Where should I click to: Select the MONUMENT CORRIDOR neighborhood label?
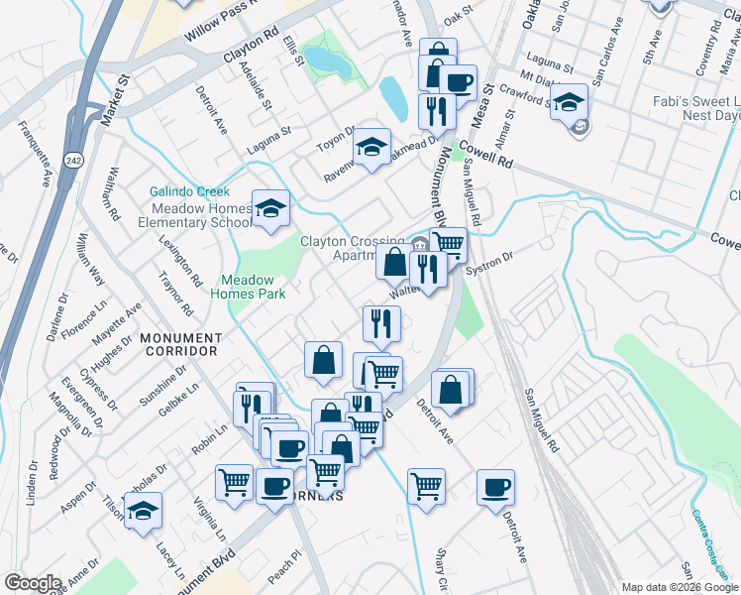click(179, 345)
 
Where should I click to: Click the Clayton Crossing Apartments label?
click(351, 248)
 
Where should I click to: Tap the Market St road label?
click(116, 98)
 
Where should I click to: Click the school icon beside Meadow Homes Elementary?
click(270, 208)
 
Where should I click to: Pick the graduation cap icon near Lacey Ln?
click(144, 511)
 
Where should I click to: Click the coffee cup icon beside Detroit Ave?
click(495, 487)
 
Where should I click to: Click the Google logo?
click(32, 583)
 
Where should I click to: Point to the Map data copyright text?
click(680, 587)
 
